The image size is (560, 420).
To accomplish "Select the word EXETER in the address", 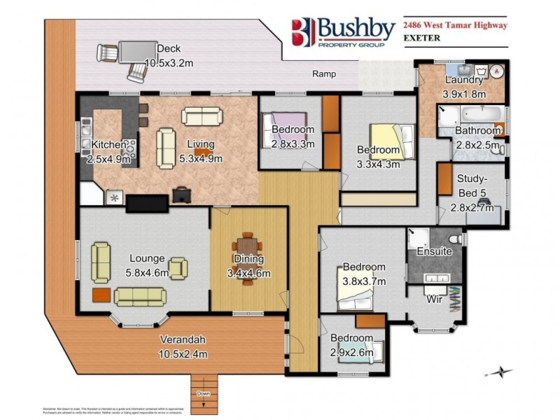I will (422, 38).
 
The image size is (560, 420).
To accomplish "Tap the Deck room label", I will (168, 55).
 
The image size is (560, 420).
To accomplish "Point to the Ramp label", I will (323, 74).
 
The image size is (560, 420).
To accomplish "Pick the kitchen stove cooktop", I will (129, 147).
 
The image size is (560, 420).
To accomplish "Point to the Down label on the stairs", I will (204, 393).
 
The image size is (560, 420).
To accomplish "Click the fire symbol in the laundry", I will (496, 71).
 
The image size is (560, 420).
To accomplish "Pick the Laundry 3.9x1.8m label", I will (464, 85).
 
